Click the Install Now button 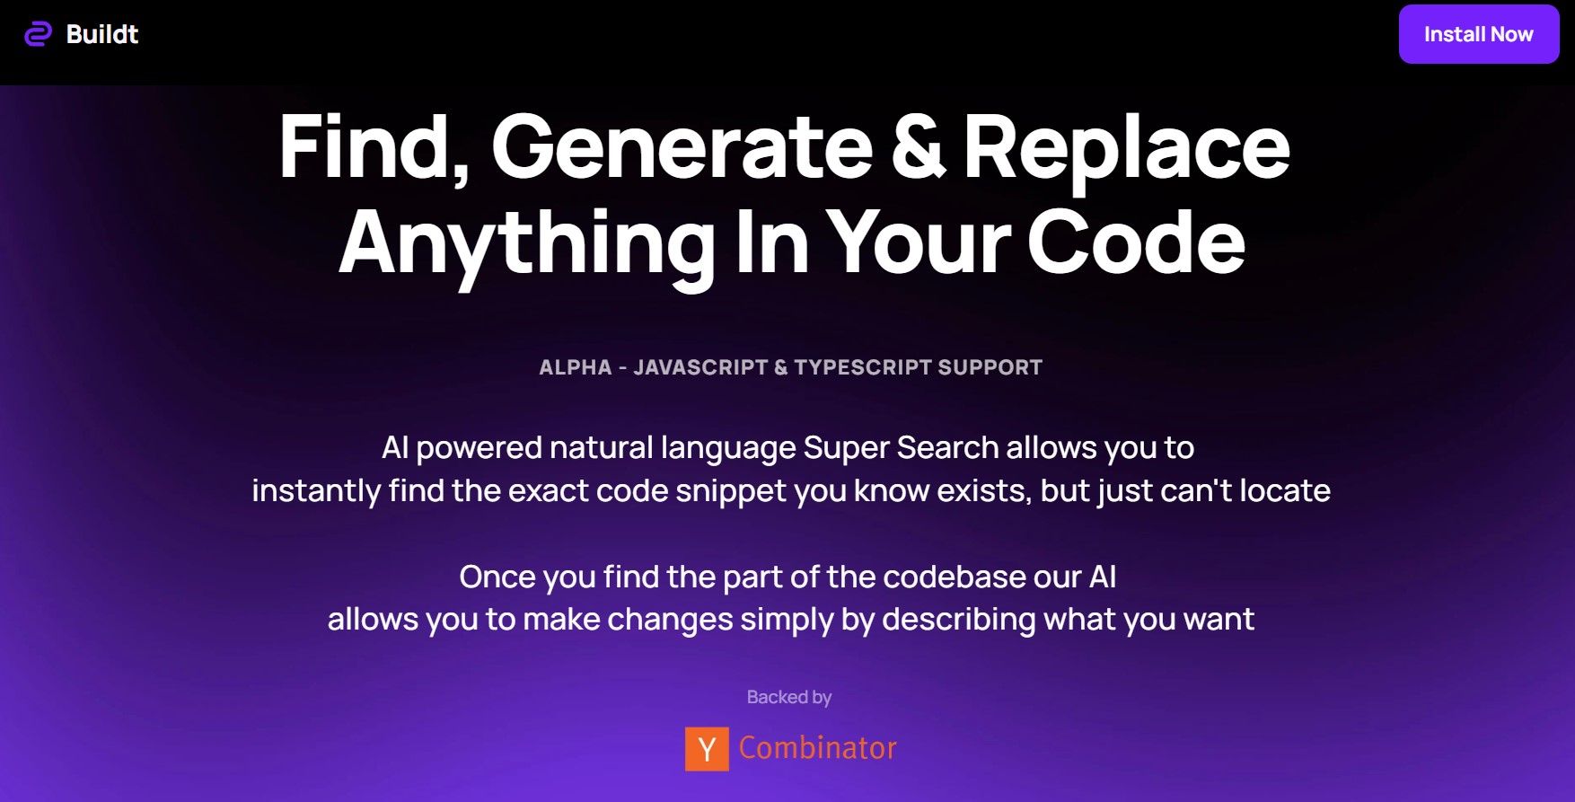coord(1478,34)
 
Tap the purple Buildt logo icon coord(38,34)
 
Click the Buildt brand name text coord(102,34)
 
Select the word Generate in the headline coord(682,147)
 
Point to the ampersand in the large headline coord(917,147)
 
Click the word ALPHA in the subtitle coord(575,367)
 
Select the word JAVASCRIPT coord(700,367)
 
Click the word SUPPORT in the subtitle coord(990,367)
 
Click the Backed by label coord(789,697)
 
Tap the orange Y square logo coord(707,748)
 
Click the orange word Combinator coord(817,748)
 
